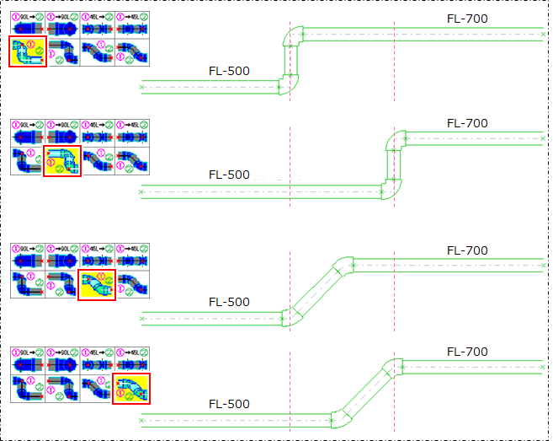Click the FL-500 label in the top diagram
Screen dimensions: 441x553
pyautogui.click(x=229, y=71)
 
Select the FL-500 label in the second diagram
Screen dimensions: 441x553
pyautogui.click(x=229, y=175)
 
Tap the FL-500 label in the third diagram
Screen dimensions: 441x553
pyautogui.click(x=229, y=302)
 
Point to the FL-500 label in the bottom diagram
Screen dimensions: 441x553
pyautogui.click(x=229, y=404)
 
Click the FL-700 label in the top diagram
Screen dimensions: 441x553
pyautogui.click(x=467, y=19)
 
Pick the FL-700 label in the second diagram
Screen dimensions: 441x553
pyautogui.click(x=467, y=123)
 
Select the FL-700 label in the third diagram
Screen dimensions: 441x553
pyautogui.click(x=467, y=250)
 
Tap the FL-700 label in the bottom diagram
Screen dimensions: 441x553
pyautogui.click(x=467, y=352)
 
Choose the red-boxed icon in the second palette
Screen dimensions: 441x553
pyautogui.click(x=62, y=160)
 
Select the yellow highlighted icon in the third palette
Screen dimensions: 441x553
pyautogui.click(x=96, y=285)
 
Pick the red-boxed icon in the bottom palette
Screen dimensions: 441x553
pyautogui.click(x=131, y=388)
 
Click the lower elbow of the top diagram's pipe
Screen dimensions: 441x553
pyautogui.click(x=289, y=83)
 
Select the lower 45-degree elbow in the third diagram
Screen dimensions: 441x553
pyautogui.click(x=290, y=316)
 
